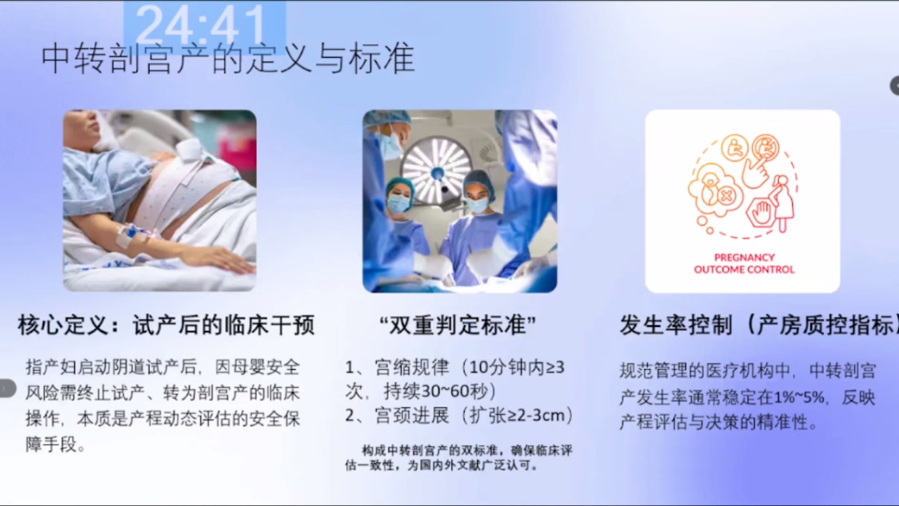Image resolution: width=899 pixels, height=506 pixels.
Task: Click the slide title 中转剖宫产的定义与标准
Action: click(x=228, y=59)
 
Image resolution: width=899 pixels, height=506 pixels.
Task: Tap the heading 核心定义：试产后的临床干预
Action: click(x=166, y=325)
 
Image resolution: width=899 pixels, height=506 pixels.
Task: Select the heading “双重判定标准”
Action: click(x=458, y=325)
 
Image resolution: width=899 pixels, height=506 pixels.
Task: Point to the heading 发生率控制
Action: click(x=676, y=325)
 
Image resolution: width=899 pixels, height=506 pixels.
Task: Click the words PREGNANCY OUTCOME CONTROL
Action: click(x=744, y=263)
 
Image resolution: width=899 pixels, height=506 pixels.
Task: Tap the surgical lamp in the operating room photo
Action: click(x=438, y=169)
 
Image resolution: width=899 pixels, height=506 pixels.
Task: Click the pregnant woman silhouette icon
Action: click(x=784, y=203)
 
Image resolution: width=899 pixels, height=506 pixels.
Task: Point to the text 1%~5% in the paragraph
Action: click(x=799, y=397)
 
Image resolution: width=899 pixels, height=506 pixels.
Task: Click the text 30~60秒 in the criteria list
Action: click(x=453, y=391)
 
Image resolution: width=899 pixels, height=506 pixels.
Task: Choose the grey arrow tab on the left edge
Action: click(x=7, y=389)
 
